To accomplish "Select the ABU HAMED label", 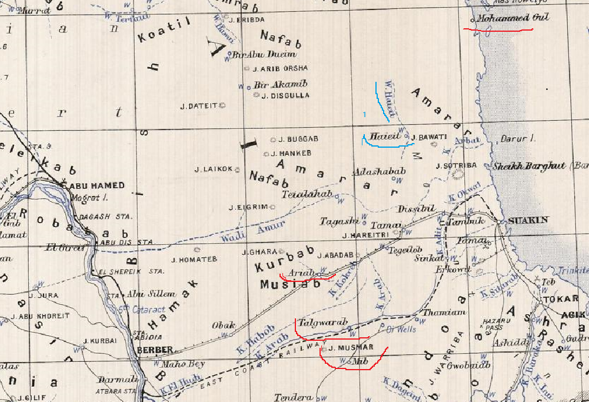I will tap(98, 185).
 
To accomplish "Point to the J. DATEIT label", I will tap(199, 106).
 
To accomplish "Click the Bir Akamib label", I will tap(281, 84).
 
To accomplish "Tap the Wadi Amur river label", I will tap(253, 232).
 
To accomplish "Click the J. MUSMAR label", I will tap(347, 348).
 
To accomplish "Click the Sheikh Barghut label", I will tap(532, 166).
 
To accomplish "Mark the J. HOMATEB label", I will tap(194, 259).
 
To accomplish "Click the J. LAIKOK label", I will tap(214, 170).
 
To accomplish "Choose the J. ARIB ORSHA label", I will tap(280, 68).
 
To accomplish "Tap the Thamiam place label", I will tap(444, 313).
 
